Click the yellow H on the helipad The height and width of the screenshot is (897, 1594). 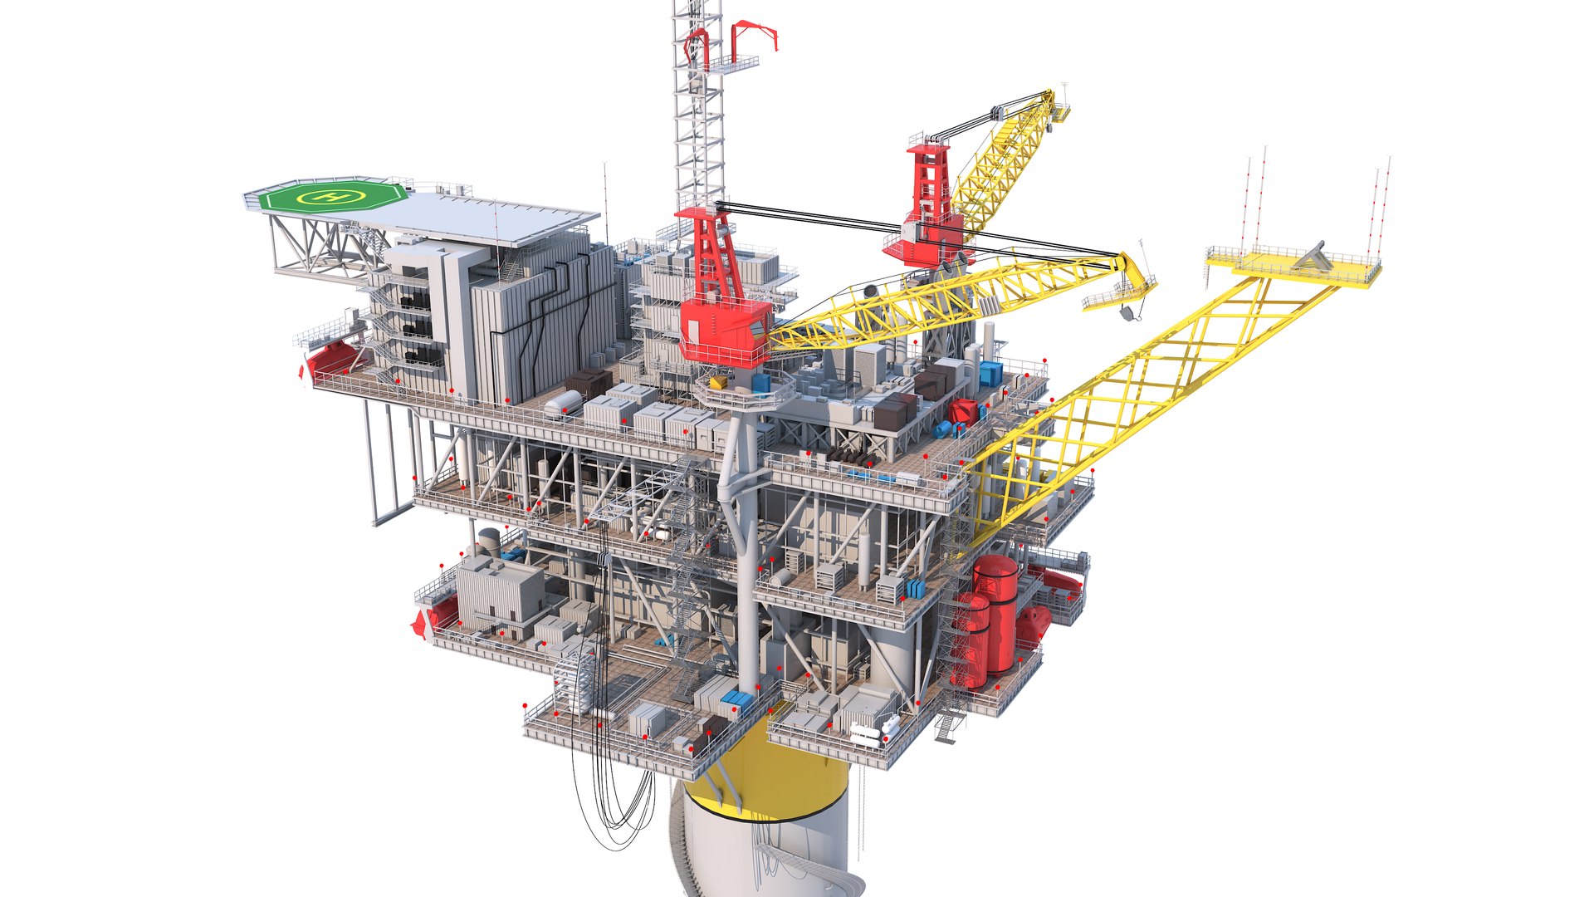click(x=333, y=197)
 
